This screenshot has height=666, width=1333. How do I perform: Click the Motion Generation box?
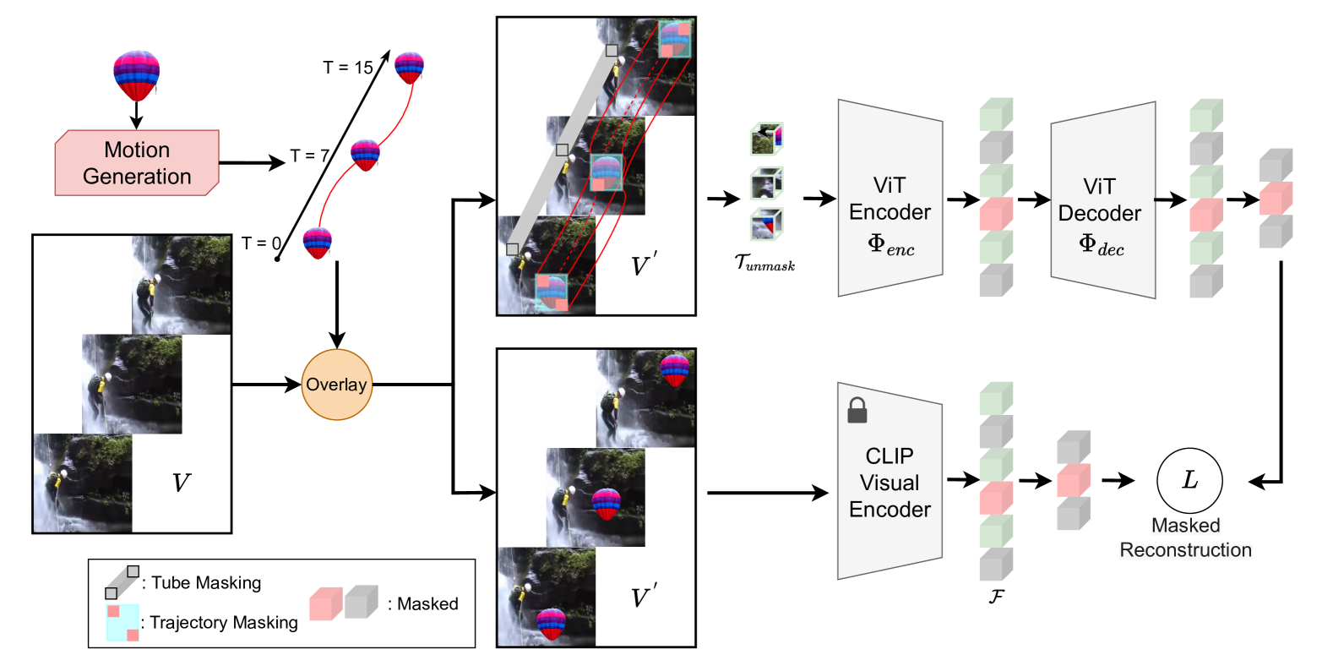point(137,162)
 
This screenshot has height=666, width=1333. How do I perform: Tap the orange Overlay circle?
point(337,385)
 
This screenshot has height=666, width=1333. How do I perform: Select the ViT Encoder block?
point(890,198)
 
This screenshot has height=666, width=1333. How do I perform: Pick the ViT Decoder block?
point(1103,199)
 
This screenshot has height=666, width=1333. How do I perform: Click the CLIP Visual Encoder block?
point(890,481)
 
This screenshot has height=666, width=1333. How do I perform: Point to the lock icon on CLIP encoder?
point(857,410)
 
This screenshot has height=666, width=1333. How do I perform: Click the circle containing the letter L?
point(1189,480)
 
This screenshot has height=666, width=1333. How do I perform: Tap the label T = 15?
point(348,68)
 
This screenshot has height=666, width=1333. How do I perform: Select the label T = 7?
point(309,156)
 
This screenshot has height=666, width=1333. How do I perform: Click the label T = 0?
point(261,243)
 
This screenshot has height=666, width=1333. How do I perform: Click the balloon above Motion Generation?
point(136,75)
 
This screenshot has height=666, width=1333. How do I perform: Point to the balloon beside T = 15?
point(410,68)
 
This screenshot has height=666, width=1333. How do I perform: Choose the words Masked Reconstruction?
point(1185,538)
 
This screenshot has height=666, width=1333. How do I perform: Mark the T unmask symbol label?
point(764,262)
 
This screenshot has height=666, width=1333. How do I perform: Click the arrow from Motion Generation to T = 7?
point(253,162)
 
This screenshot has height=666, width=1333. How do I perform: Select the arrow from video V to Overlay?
point(267,385)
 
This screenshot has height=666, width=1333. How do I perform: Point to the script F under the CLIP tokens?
point(997,596)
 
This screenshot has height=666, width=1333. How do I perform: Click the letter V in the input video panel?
point(182,482)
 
